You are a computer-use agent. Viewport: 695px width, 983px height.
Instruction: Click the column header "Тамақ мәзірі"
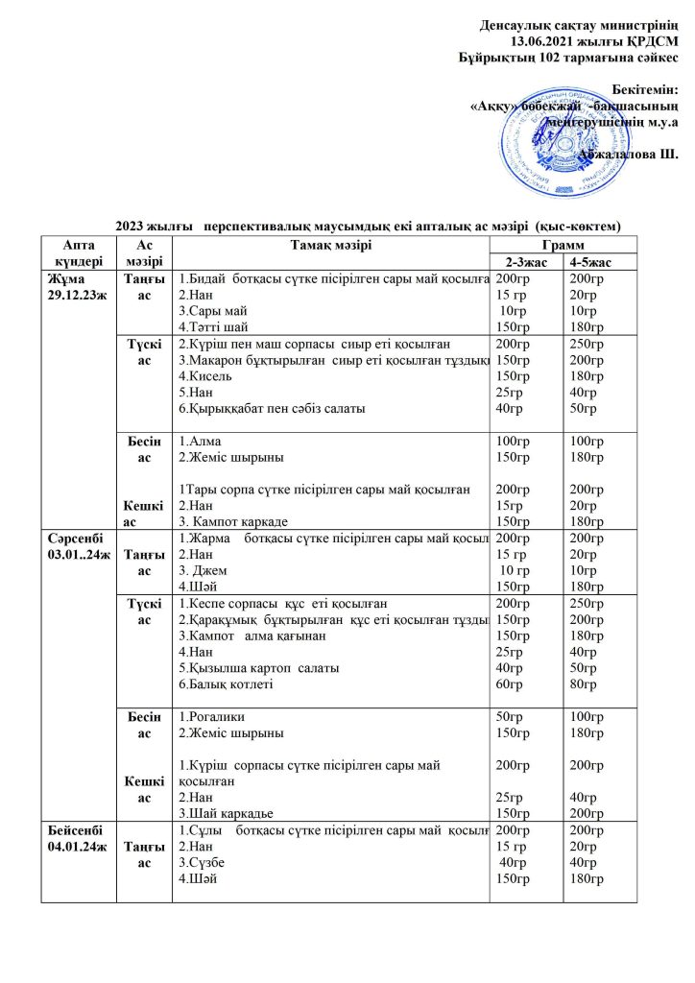tap(330, 245)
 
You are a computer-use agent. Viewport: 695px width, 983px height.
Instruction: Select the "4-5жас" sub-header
tap(588, 261)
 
